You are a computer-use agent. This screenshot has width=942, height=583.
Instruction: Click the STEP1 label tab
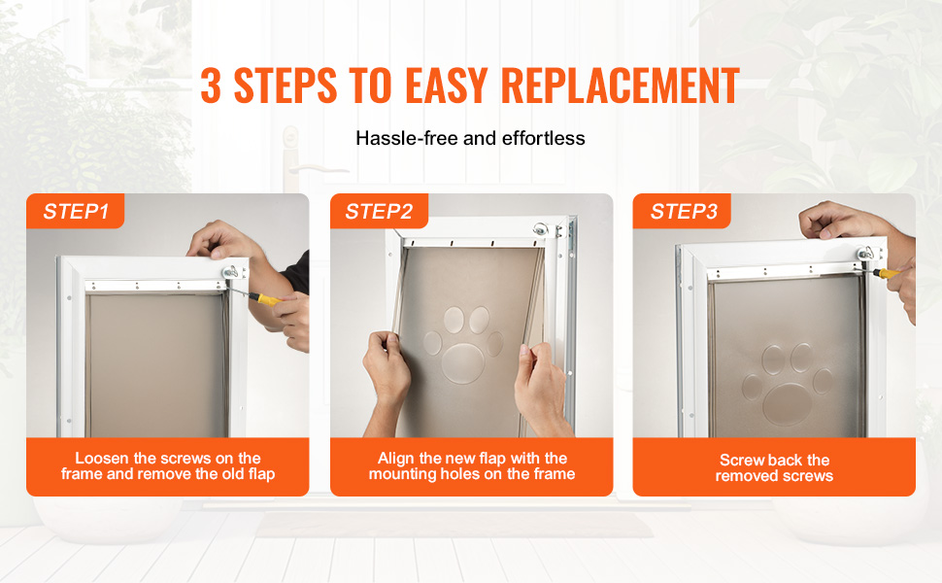(x=75, y=211)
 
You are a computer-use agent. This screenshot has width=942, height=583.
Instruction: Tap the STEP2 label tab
(x=379, y=211)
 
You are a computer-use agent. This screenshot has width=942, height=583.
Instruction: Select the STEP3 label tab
(x=682, y=211)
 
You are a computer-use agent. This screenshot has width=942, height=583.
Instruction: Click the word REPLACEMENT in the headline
(x=620, y=86)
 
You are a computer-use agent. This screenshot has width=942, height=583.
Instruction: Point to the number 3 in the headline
(x=211, y=86)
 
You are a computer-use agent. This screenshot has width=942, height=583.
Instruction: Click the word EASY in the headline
(x=447, y=86)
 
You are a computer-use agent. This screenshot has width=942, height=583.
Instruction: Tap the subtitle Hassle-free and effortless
(x=470, y=138)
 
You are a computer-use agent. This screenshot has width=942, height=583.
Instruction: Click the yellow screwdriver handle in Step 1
(x=265, y=298)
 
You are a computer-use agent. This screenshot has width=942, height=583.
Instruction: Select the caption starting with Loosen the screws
(x=168, y=465)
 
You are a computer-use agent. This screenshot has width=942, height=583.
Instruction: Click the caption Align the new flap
(x=472, y=465)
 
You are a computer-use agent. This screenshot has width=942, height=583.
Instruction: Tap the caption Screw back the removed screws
(x=774, y=467)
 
